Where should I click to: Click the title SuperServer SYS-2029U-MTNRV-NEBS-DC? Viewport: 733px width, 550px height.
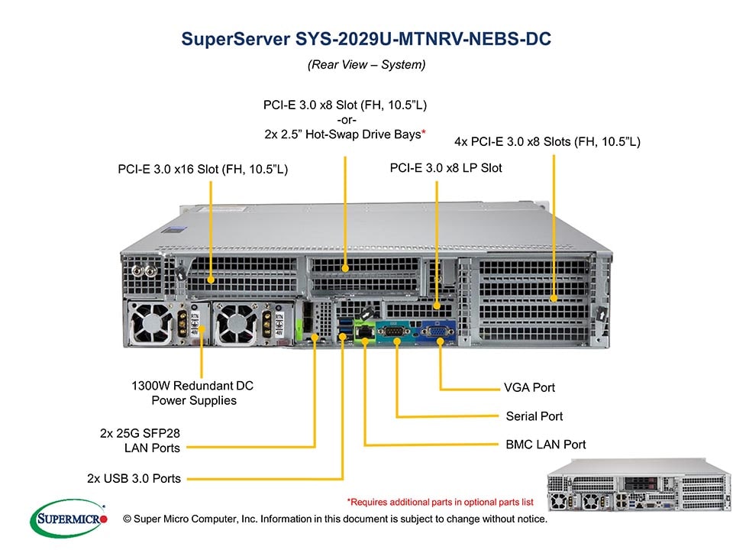click(x=366, y=39)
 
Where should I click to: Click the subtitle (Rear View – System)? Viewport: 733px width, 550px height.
click(x=366, y=65)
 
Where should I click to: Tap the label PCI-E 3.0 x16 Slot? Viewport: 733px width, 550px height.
click(x=202, y=169)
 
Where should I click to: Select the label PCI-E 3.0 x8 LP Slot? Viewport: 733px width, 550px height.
click(x=446, y=167)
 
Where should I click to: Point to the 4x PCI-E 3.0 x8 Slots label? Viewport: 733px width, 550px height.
click(x=547, y=141)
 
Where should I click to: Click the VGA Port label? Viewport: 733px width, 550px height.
click(x=529, y=387)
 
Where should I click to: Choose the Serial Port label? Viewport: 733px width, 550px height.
click(x=534, y=416)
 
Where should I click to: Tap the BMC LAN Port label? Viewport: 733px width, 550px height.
click(x=545, y=444)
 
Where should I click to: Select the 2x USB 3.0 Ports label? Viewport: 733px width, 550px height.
click(x=134, y=479)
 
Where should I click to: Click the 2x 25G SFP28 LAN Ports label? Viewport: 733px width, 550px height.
click(x=140, y=440)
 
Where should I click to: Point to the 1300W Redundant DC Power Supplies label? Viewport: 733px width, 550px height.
click(x=192, y=393)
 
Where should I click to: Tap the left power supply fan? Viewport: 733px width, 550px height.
click(x=153, y=322)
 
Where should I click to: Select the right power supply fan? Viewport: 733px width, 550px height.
click(x=233, y=322)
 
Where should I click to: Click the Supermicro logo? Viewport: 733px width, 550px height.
click(x=68, y=519)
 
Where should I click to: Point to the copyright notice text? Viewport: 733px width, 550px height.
click(x=335, y=519)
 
